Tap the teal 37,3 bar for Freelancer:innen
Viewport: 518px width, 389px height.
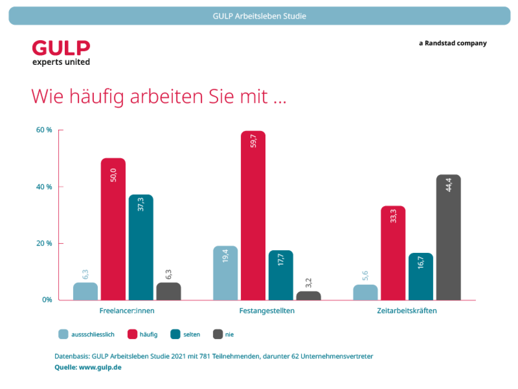141,247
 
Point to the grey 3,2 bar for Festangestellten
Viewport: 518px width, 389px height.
308,296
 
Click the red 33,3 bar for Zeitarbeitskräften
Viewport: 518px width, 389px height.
393,253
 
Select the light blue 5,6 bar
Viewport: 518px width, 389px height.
365,293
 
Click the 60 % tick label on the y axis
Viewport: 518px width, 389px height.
44,130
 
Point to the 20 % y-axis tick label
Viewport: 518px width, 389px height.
44,244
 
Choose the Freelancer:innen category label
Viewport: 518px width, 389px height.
127,311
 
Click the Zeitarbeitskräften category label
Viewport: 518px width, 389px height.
407,311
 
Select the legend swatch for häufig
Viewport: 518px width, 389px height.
132,334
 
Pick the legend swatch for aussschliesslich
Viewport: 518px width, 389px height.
64,334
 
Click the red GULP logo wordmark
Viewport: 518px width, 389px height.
61,48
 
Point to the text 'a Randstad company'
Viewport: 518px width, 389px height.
452,43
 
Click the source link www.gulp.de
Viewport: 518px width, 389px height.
100,368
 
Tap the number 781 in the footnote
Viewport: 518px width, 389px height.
205,357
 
